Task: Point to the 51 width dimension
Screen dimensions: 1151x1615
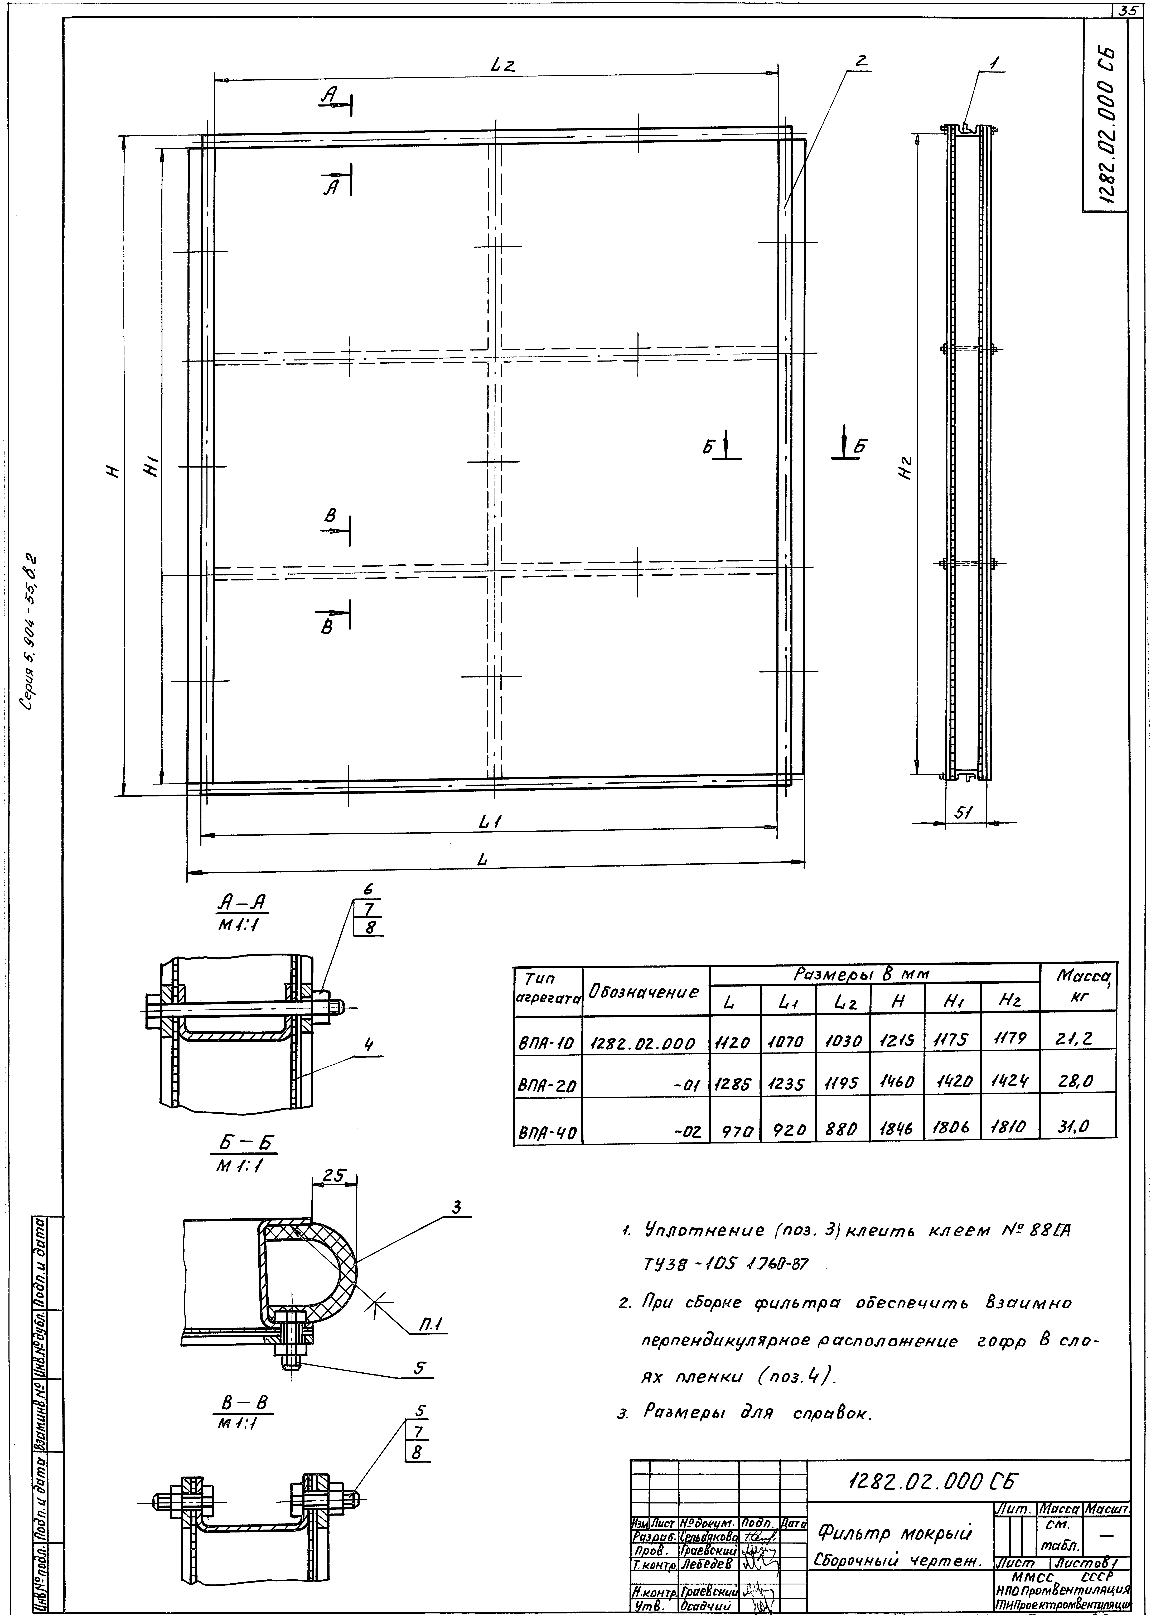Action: (963, 814)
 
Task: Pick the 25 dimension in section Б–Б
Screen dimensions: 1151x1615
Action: (333, 1175)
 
